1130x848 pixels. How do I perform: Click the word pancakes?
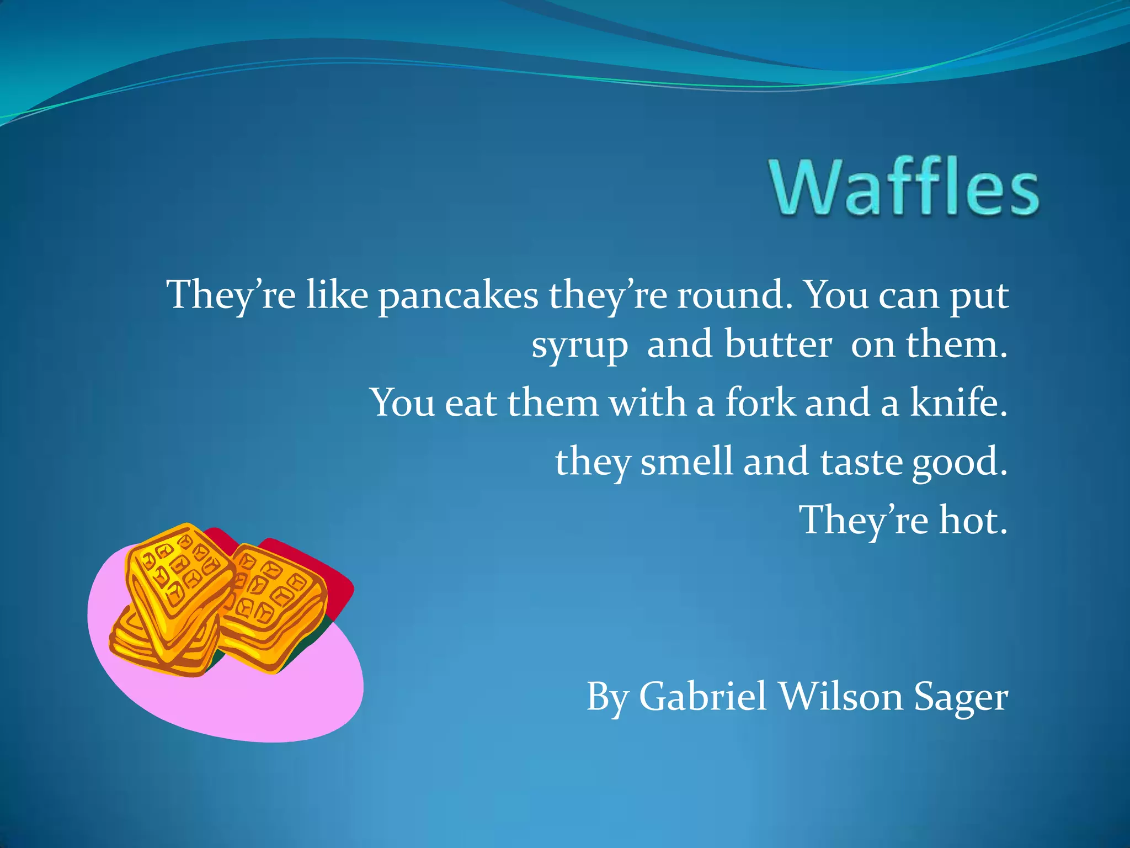(458, 296)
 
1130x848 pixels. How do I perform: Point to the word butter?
(778, 344)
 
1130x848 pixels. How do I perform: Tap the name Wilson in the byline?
(841, 697)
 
